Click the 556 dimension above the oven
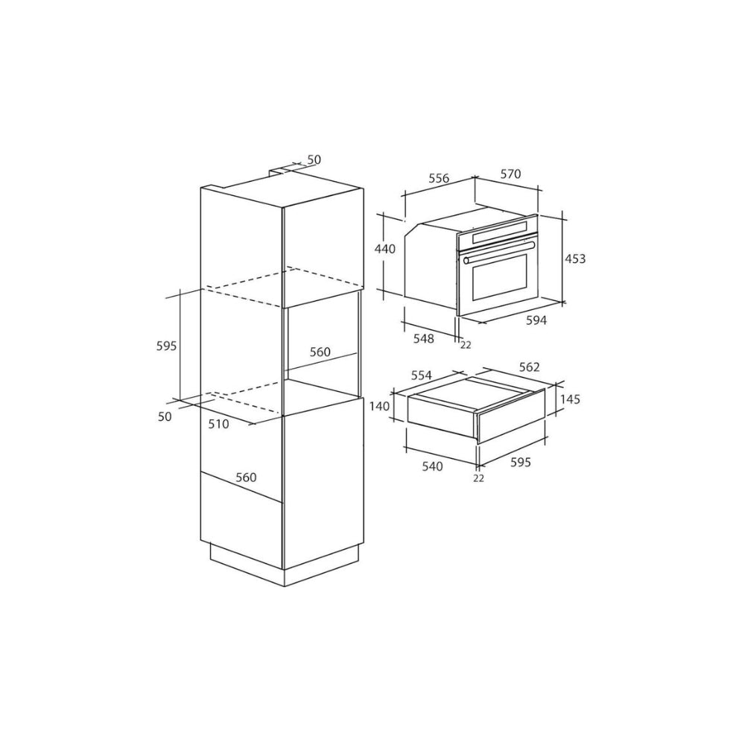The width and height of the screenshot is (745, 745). tap(439, 178)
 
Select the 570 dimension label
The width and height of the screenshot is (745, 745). tap(511, 174)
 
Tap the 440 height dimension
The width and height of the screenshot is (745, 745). tap(385, 249)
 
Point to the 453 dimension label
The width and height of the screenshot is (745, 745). tap(575, 259)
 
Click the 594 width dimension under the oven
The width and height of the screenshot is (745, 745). tap(536, 320)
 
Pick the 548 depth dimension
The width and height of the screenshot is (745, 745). tap(424, 338)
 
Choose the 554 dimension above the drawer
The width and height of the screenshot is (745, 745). tap(421, 375)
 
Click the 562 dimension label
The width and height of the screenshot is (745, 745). tap(529, 367)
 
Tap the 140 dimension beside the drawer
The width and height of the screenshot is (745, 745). tap(379, 406)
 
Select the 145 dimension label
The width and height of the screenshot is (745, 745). tap(570, 399)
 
